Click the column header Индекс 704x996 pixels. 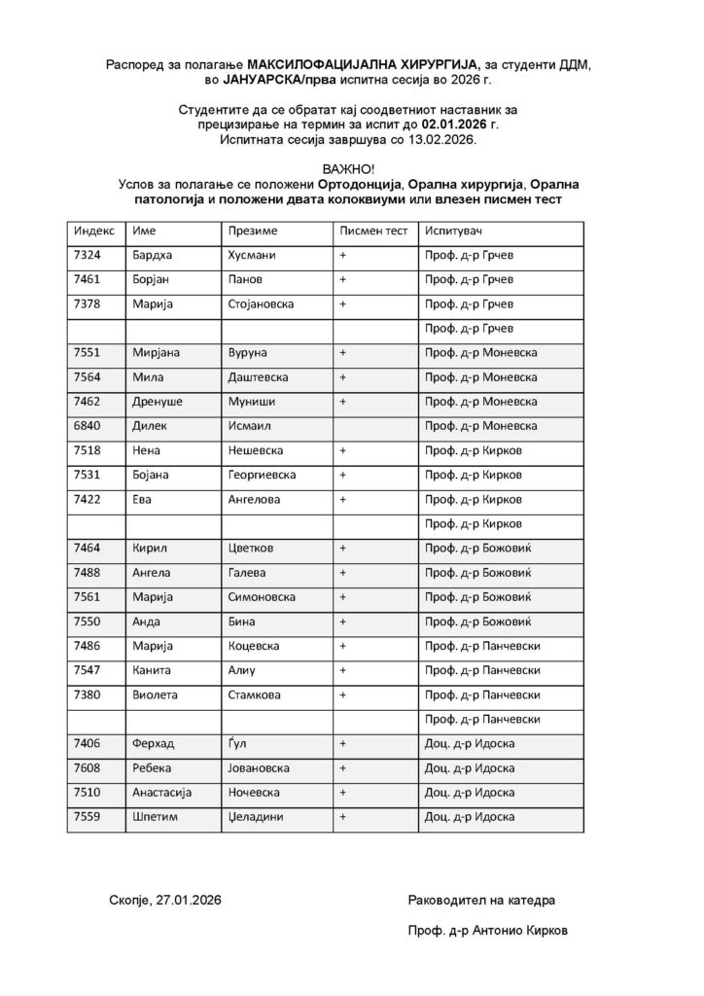[94, 231]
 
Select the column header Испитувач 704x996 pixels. [452, 231]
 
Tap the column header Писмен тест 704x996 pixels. [372, 231]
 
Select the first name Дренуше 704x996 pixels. [158, 401]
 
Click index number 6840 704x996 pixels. [88, 426]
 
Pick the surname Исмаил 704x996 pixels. [249, 426]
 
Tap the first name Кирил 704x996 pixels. [151, 549]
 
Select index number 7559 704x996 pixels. [88, 817]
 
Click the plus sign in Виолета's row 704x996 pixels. [342, 695]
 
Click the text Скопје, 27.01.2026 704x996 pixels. [165, 901]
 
